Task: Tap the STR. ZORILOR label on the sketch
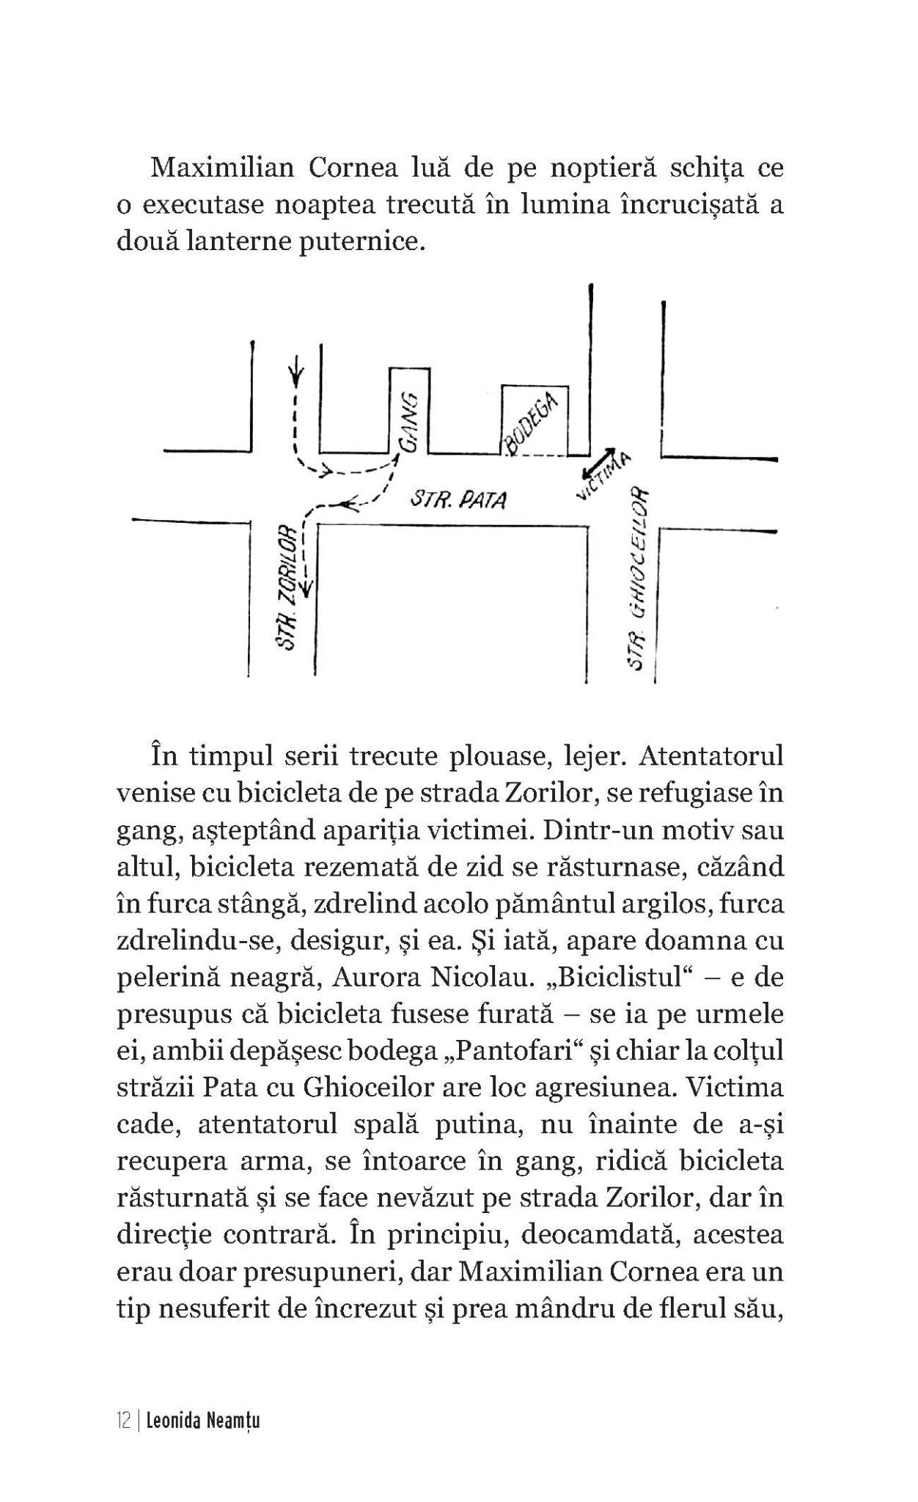tap(287, 586)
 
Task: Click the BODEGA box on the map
tap(534, 420)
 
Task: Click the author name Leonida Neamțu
tap(203, 1421)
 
